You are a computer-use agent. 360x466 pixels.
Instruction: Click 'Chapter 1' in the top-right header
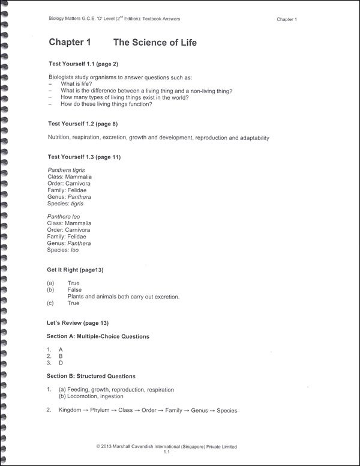point(287,20)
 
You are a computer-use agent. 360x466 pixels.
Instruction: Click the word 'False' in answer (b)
point(74,289)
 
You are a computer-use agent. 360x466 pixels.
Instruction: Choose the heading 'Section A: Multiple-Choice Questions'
point(98,336)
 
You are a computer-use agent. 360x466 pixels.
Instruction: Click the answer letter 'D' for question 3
point(61,363)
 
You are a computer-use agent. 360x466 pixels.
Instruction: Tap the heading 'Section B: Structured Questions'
point(91,376)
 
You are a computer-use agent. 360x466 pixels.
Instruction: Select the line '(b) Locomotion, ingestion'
point(91,396)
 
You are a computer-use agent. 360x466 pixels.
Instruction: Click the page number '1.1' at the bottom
point(167,453)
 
